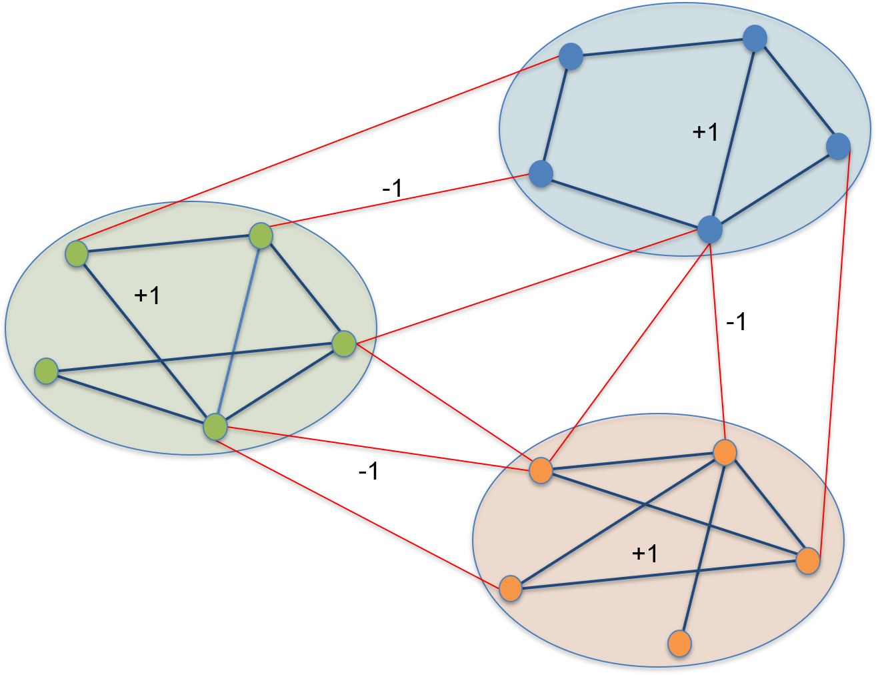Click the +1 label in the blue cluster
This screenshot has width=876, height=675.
[x=705, y=132]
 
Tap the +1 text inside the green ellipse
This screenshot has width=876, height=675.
[x=147, y=295]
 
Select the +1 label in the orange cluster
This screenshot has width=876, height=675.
[x=645, y=553]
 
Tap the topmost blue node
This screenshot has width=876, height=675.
[x=755, y=39]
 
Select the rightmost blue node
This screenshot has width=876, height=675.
[x=838, y=146]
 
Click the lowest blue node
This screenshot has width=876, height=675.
[x=710, y=229]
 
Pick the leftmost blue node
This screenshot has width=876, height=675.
[x=541, y=173]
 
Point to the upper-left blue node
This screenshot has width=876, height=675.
[x=571, y=57]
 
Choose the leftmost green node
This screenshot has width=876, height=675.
[x=46, y=372]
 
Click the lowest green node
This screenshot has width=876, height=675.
[x=215, y=427]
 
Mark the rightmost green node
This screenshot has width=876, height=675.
[x=344, y=344]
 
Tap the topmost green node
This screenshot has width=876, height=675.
[x=261, y=235]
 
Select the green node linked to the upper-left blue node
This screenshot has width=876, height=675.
[x=77, y=254]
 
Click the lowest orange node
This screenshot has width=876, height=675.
[x=679, y=644]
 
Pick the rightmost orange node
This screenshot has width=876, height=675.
[x=808, y=561]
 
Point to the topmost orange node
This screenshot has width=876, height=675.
[x=725, y=453]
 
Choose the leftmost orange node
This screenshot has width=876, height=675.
[x=510, y=588]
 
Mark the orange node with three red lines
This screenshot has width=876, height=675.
[x=541, y=470]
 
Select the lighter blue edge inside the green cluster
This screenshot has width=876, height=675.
[x=238, y=331]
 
